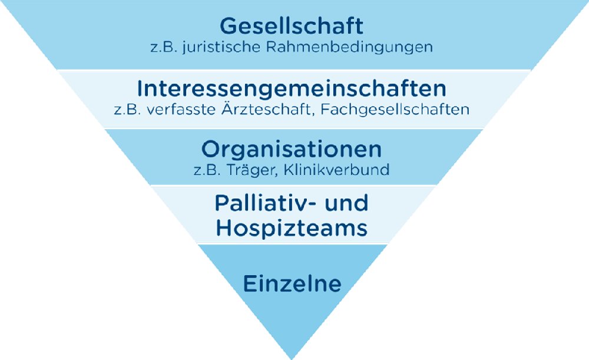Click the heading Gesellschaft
tap(292, 26)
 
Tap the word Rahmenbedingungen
tap(350, 48)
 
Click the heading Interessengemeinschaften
tap(292, 88)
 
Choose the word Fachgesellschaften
tap(395, 110)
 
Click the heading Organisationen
tap(292, 150)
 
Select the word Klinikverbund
tap(336, 170)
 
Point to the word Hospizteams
tap(292, 228)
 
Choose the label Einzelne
tap(292, 283)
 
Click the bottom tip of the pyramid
tap(292, 359)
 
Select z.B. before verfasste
tap(127, 110)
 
